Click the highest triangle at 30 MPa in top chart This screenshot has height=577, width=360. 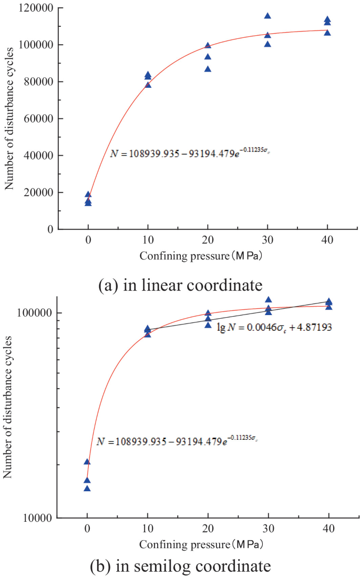tap(268, 16)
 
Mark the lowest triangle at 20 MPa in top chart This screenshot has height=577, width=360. tap(208, 69)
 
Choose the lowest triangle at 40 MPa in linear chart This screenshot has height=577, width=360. tap(327, 33)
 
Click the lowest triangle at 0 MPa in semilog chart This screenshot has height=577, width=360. tap(87, 489)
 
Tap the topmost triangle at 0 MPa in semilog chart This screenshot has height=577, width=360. tap(87, 462)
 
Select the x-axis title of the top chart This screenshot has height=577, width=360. tap(202, 257)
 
